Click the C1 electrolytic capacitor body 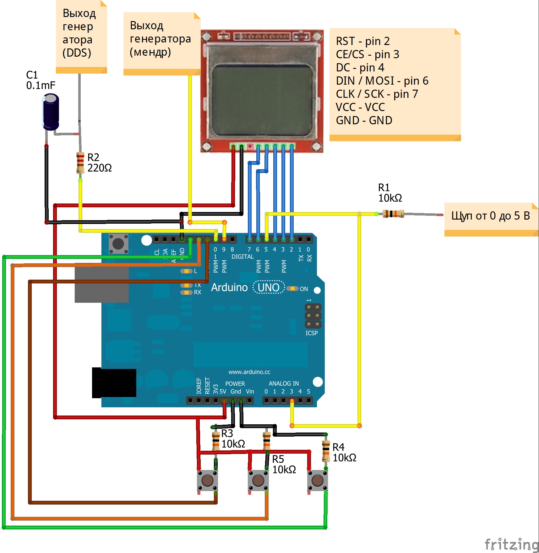tap(51, 112)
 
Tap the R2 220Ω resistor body tap(80, 162)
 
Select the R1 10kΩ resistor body tap(393, 214)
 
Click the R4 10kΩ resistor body tap(326, 451)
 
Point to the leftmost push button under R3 tap(207, 480)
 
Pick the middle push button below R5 tap(258, 480)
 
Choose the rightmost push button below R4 tap(318, 480)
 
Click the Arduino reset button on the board tap(118, 243)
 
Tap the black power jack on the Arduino tap(114, 383)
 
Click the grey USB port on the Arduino tap(101, 285)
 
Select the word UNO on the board tap(269, 287)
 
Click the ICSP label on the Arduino tap(312, 333)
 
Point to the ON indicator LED tap(292, 288)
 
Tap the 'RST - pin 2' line tap(363, 41)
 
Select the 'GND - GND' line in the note tap(364, 120)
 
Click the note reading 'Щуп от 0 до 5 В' tap(490, 216)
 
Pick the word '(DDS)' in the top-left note tap(77, 53)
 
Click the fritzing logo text tap(511, 544)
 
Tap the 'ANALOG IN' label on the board tap(284, 383)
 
